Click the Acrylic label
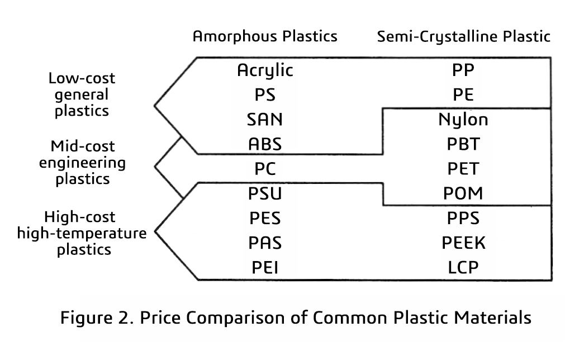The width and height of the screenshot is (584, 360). pos(265,71)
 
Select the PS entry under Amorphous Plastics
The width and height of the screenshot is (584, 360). pos(265,95)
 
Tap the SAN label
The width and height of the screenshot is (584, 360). pos(265,120)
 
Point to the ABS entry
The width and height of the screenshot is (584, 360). pos(265,144)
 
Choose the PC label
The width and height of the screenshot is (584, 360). pos(265,169)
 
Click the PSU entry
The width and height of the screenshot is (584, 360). pos(265,194)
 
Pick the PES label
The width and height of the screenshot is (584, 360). pos(265,218)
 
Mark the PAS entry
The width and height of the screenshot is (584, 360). pos(265,243)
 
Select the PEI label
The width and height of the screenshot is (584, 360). pos(265,268)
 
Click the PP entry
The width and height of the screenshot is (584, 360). pos(463,71)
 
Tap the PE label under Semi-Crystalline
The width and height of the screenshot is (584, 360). pos(463,95)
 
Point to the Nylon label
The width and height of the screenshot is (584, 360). pos(463,120)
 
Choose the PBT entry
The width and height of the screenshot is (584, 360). pos(463,144)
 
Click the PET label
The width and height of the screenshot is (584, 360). pos(463,169)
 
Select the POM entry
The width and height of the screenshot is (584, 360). pos(463,194)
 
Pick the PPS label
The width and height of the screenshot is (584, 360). pos(463,218)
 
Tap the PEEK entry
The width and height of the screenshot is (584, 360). pos(463,243)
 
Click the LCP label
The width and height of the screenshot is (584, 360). pos(463,268)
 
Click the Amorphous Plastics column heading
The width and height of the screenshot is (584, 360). pos(265,37)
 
